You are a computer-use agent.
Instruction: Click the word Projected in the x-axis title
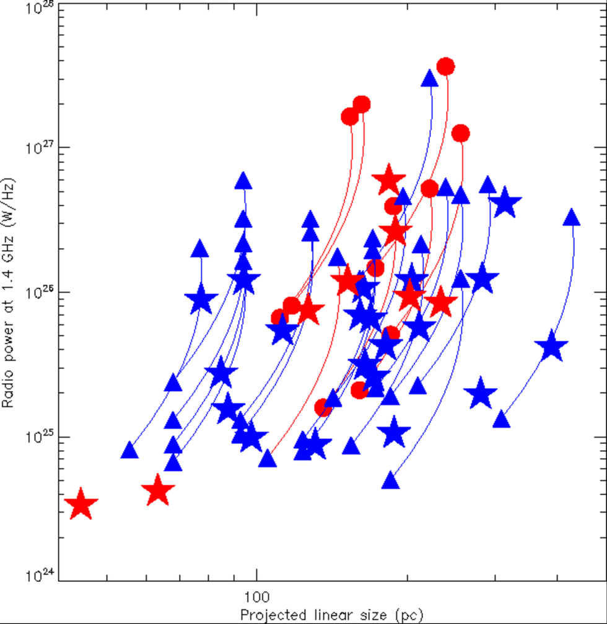coord(269,615)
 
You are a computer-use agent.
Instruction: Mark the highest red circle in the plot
coord(445,66)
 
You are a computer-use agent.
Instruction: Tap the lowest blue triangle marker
coord(390,481)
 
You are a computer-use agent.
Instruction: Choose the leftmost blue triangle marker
coord(129,451)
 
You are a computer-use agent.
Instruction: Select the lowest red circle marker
coord(323,407)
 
